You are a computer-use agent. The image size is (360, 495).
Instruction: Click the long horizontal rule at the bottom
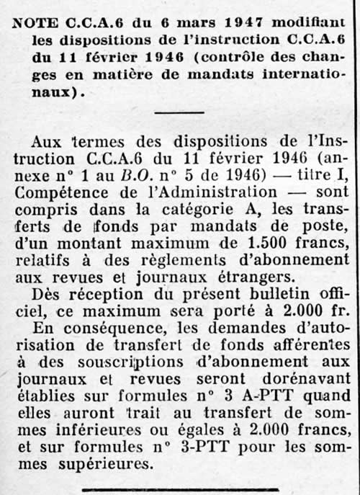pyautogui.click(x=179, y=492)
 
